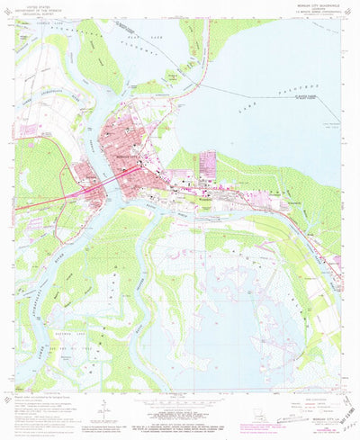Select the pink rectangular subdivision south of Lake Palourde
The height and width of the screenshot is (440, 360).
[x=209, y=164]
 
